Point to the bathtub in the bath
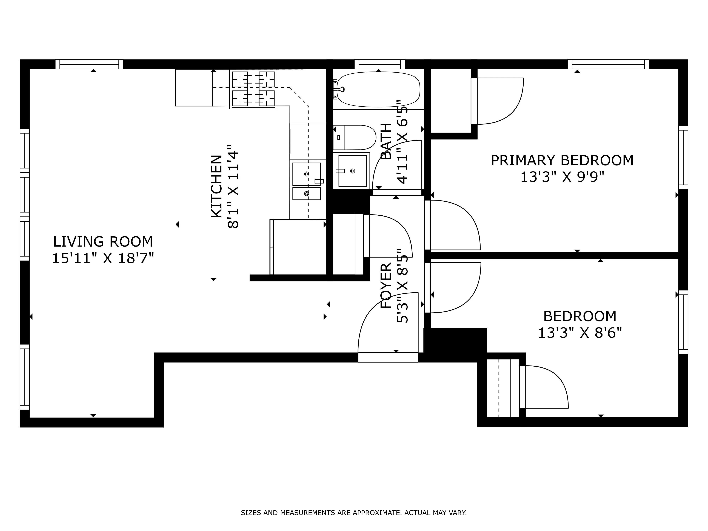point(378,89)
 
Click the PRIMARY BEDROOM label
point(562,160)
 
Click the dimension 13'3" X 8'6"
point(580,333)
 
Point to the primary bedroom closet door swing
point(499,101)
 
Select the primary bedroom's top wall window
point(608,64)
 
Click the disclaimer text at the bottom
point(354,522)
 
